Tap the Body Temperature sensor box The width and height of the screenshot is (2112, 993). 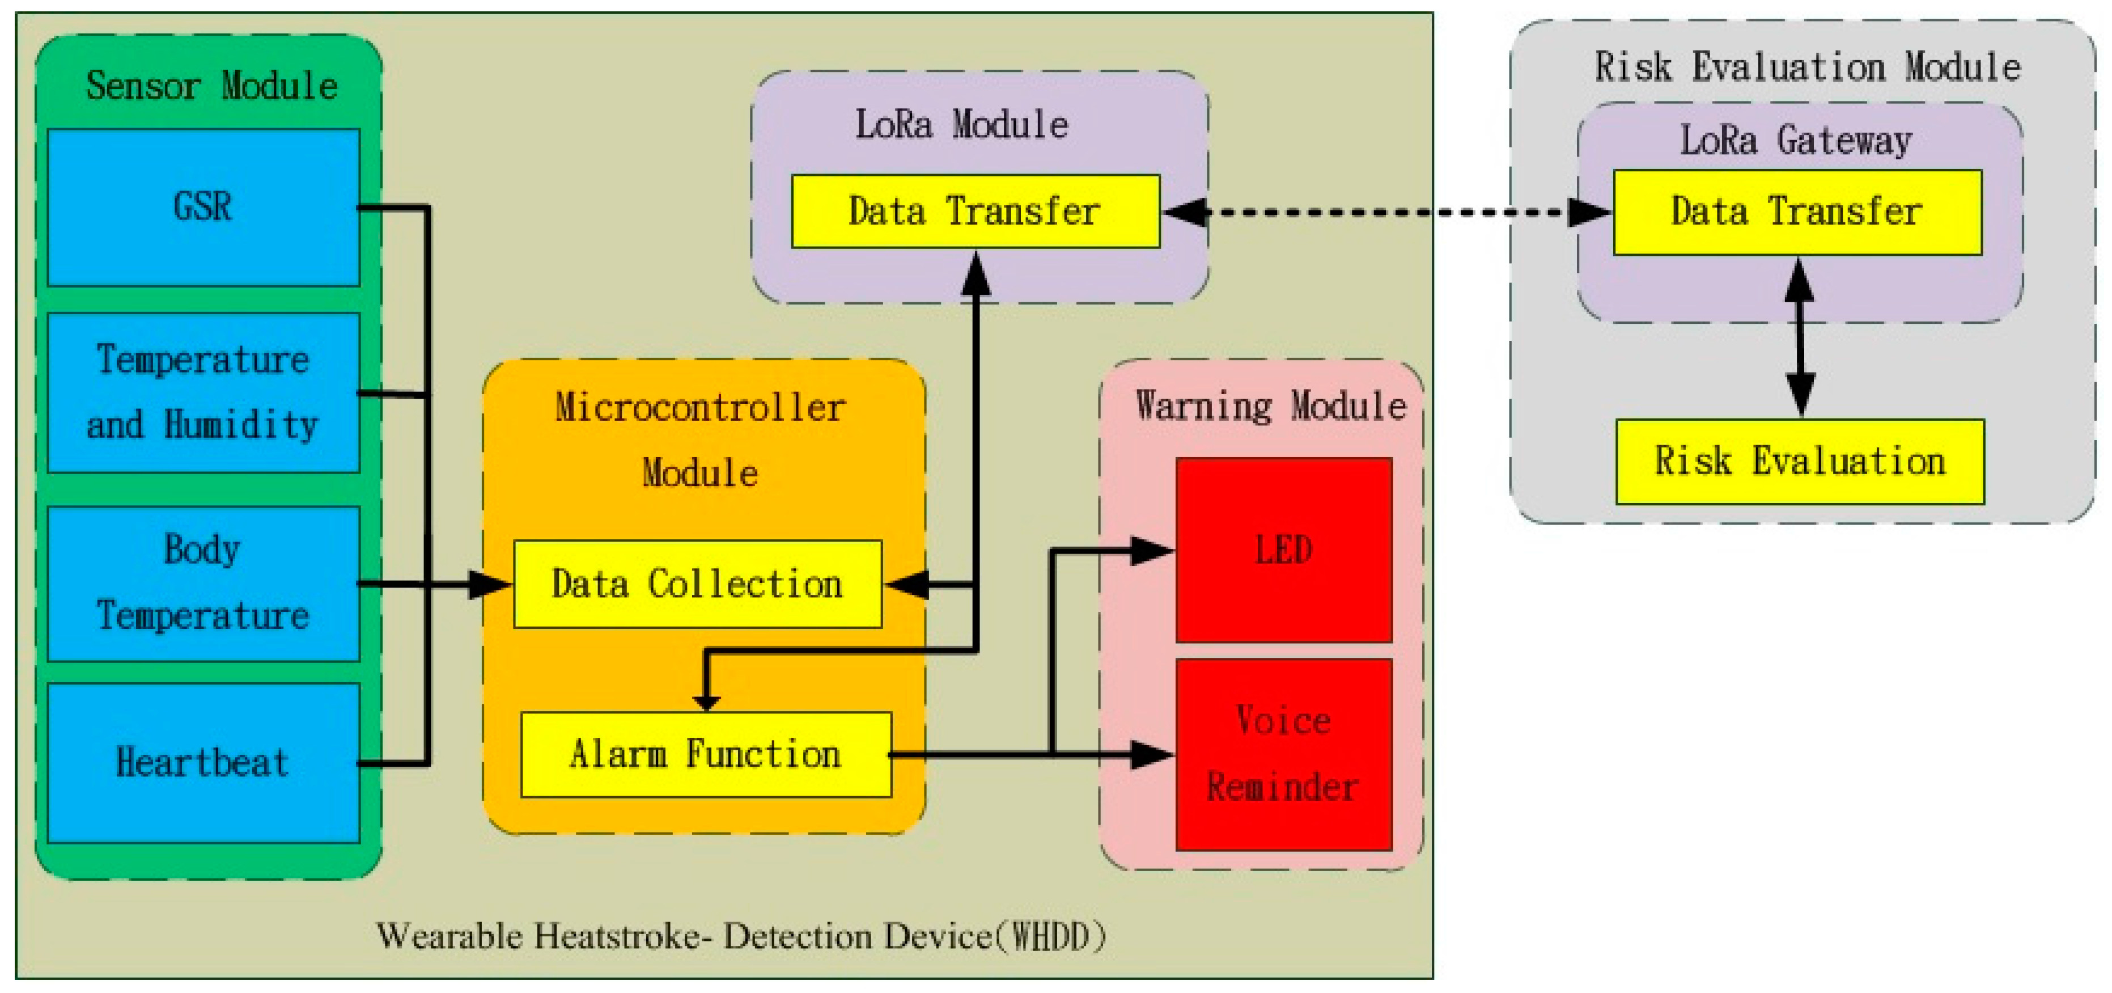coord(203,583)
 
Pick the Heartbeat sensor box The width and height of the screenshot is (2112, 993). coord(203,763)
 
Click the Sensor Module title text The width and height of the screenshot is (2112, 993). coord(211,85)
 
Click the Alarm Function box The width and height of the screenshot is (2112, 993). coord(705,754)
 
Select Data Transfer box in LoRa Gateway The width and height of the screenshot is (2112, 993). coord(1797,212)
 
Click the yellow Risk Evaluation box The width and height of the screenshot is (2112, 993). coord(1800,461)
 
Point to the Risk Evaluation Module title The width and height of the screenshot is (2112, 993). coord(1807,66)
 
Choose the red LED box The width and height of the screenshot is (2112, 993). coord(1283,550)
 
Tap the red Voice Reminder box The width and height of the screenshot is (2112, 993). coord(1283,754)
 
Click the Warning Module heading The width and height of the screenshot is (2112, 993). coord(1270,405)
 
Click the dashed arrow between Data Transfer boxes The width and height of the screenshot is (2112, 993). coord(1385,212)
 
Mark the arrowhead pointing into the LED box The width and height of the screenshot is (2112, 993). coord(1152,550)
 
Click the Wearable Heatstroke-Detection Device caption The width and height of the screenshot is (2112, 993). coord(740,936)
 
